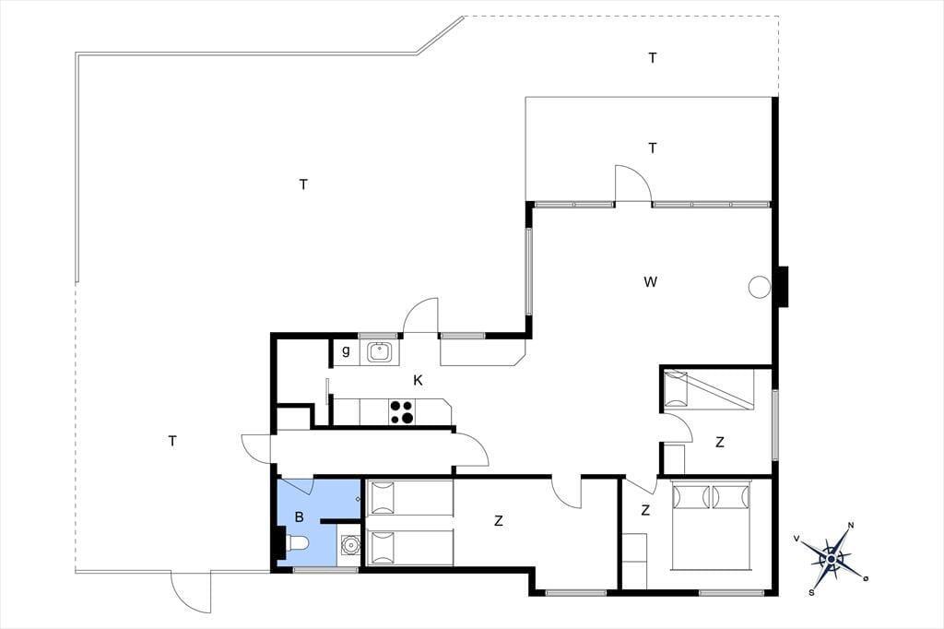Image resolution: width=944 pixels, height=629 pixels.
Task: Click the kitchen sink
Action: coord(379,352)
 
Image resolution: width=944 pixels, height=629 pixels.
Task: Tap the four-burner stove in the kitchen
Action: coord(402,412)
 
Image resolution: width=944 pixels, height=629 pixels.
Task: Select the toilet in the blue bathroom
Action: coord(295,544)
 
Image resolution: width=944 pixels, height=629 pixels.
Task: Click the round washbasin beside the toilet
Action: coord(349,545)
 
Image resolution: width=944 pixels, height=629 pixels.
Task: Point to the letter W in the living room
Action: coord(650,281)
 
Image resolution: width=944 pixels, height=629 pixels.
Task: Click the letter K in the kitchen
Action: coord(418,380)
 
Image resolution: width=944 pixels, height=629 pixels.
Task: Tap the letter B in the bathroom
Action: coord(300,516)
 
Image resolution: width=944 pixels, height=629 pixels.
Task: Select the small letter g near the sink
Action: coord(346,350)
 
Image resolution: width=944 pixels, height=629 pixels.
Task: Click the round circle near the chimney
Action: coord(760,287)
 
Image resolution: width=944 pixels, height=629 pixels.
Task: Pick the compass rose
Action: coord(832,559)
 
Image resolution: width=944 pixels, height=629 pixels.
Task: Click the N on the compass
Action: coord(851,525)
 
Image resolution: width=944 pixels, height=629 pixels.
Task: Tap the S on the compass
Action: coord(812,593)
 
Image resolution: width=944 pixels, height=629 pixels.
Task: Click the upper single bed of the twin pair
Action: coord(409,498)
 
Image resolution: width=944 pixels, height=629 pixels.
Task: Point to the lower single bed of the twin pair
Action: coord(409,548)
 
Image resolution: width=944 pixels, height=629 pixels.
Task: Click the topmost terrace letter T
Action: coord(653,58)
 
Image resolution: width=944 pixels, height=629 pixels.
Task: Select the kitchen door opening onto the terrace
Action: coord(420,315)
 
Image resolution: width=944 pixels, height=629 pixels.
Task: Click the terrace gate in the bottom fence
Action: coord(191,591)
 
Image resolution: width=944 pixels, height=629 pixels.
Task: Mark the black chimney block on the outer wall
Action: coord(782,286)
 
